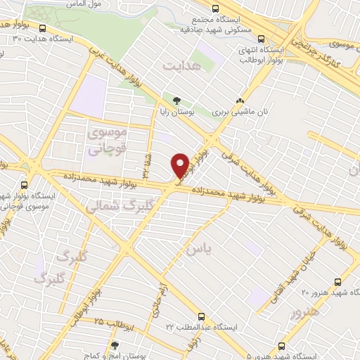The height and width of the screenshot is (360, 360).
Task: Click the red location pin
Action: coord(181,165)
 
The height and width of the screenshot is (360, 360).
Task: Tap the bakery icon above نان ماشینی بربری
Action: coord(241,101)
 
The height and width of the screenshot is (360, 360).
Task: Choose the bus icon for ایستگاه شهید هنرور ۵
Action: coord(282,346)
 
